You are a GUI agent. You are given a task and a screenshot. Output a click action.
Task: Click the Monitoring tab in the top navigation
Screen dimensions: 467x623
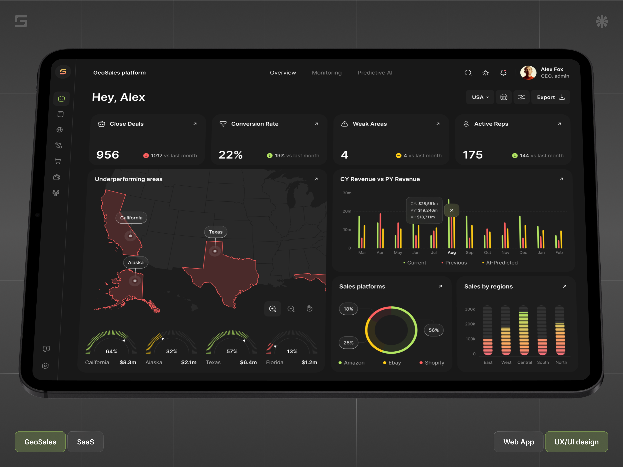(x=326, y=73)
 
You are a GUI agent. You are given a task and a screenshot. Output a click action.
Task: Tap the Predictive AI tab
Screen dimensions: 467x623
(x=375, y=73)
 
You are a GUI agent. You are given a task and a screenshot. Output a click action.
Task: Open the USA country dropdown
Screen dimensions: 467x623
(x=480, y=97)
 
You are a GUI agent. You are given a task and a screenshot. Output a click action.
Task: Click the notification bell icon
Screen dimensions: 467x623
(x=503, y=73)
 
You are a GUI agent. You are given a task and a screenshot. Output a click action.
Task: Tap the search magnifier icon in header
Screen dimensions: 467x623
(x=468, y=73)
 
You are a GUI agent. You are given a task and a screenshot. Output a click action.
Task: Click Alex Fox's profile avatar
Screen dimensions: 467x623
(x=528, y=73)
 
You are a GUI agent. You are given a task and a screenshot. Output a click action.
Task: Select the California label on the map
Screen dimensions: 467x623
(x=131, y=218)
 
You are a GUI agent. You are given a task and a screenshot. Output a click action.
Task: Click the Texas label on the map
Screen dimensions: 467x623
(x=216, y=232)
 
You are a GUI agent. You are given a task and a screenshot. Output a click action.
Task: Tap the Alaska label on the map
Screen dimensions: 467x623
(x=136, y=262)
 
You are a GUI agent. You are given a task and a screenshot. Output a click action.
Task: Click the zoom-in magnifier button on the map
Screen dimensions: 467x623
(x=272, y=309)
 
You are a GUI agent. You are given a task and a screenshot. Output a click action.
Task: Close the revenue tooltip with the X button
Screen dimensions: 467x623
(x=451, y=210)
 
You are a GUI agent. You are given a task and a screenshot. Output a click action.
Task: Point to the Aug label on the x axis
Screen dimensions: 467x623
(x=451, y=253)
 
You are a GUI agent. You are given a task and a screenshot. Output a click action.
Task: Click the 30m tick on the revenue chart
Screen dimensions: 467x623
(x=347, y=193)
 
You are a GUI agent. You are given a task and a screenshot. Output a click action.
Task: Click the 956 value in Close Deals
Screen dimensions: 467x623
(x=108, y=155)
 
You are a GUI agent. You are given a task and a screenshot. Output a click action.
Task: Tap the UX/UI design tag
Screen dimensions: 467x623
(x=576, y=442)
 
